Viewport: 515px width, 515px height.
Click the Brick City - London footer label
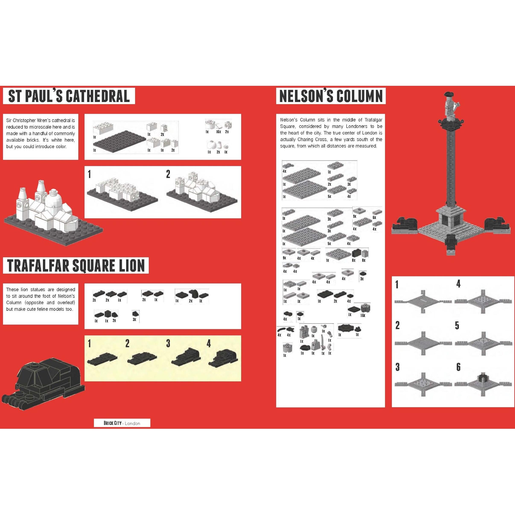point(122,423)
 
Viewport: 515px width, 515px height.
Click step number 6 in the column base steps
point(458,367)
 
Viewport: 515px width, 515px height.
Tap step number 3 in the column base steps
point(397,367)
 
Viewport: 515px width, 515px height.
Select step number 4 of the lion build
point(209,344)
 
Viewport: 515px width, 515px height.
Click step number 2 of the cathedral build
point(168,174)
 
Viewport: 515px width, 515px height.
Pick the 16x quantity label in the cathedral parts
point(218,132)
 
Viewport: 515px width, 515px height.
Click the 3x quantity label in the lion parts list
point(134,319)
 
